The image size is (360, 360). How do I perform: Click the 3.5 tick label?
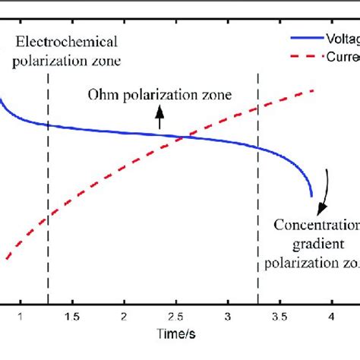pos(279,315)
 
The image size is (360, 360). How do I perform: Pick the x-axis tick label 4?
pos(331,315)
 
